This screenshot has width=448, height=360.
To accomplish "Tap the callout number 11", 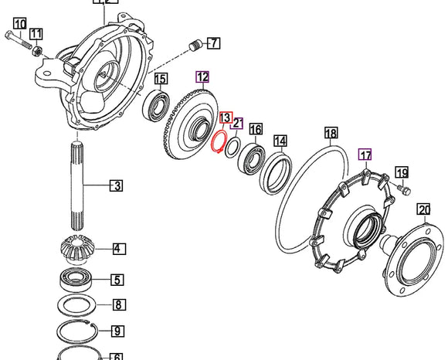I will [36, 33].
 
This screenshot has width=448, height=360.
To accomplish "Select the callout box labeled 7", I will [212, 42].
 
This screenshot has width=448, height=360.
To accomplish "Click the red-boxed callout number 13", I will [225, 118].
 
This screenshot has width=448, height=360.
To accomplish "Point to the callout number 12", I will [202, 76].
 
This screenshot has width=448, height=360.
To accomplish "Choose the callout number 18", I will [331, 134].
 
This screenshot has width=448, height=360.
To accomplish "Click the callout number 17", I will [365, 155].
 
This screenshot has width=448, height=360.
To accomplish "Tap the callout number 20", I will [423, 209].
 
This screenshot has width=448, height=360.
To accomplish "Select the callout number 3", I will [116, 185].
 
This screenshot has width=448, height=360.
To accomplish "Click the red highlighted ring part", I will [218, 141].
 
